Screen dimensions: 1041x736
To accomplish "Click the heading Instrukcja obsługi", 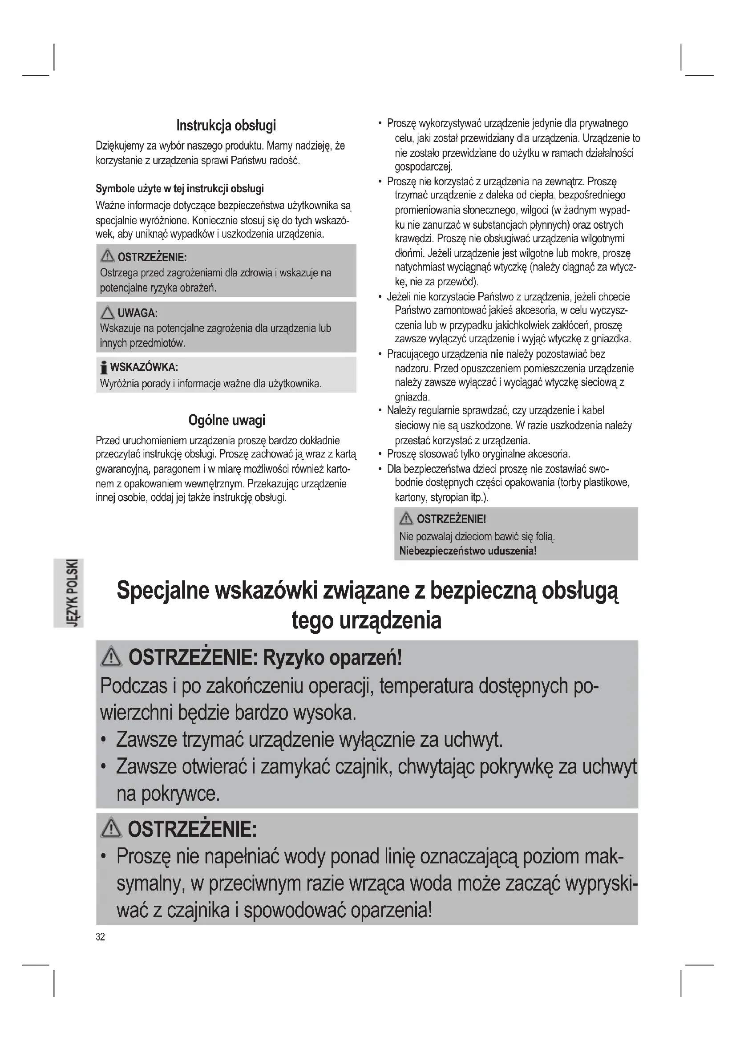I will [x=226, y=125].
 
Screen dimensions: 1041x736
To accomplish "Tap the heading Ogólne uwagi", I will [x=226, y=420].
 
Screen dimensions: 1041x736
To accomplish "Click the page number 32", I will [x=100, y=937].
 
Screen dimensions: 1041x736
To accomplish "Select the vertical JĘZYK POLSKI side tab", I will [x=72, y=593].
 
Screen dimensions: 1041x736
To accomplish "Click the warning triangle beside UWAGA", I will [x=107, y=312].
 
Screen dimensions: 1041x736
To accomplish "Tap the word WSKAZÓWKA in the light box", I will [x=144, y=367].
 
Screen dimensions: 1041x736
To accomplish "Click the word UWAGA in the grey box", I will [x=137, y=313].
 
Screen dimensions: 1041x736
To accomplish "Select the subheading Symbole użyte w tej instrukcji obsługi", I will [x=179, y=189].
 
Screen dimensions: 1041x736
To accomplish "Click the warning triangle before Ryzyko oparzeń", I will [x=112, y=657].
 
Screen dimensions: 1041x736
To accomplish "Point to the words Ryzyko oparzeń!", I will [x=332, y=657].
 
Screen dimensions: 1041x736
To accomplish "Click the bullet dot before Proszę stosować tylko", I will [x=380, y=454].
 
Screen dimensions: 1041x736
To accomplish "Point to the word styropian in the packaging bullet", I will [x=449, y=498].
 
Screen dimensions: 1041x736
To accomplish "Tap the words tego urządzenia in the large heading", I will [x=366, y=620].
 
